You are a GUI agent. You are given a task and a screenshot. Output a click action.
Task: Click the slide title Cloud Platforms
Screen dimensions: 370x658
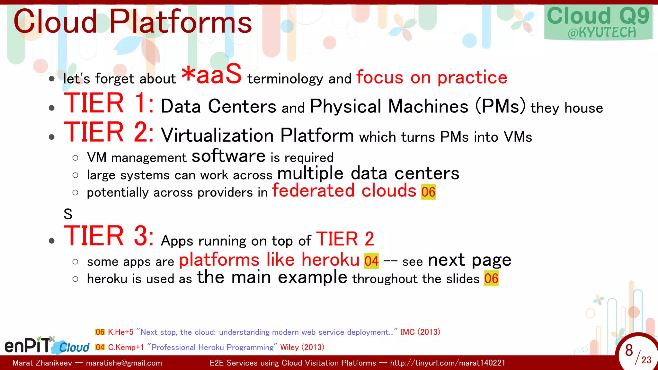point(132,22)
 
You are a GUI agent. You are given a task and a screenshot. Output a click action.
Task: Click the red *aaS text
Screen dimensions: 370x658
point(211,75)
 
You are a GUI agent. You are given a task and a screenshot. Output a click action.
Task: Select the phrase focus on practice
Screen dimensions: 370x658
point(431,77)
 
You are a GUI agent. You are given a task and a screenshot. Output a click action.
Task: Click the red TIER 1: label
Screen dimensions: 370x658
point(109,103)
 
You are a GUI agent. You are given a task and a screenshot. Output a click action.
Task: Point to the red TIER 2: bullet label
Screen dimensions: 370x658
point(109,132)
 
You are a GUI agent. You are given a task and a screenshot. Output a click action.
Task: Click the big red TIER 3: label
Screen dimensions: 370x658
point(109,236)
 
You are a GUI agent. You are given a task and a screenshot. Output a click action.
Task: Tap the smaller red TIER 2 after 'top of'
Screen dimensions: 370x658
point(345,239)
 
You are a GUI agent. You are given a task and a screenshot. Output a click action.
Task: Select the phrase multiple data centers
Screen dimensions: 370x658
point(368,173)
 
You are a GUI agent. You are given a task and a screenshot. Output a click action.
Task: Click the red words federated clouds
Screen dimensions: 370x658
point(344,191)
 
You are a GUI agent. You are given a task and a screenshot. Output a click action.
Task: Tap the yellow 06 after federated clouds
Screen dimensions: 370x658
point(428,192)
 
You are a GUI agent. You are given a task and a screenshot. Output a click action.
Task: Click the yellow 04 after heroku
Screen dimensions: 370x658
point(371,261)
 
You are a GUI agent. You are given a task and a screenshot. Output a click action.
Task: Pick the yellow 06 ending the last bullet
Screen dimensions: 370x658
point(491,278)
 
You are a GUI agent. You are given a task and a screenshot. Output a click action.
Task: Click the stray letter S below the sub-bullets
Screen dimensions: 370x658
point(68,214)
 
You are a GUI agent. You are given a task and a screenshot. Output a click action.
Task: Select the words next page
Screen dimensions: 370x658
point(469,260)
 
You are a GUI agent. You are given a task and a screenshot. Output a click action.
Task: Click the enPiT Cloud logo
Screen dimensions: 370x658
point(47,346)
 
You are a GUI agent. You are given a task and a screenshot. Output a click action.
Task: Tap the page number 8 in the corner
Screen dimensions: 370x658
point(629,350)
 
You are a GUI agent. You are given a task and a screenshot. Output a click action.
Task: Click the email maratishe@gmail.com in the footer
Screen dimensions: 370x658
point(124,363)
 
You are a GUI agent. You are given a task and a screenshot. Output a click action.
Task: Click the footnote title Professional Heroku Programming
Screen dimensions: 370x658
point(212,347)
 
